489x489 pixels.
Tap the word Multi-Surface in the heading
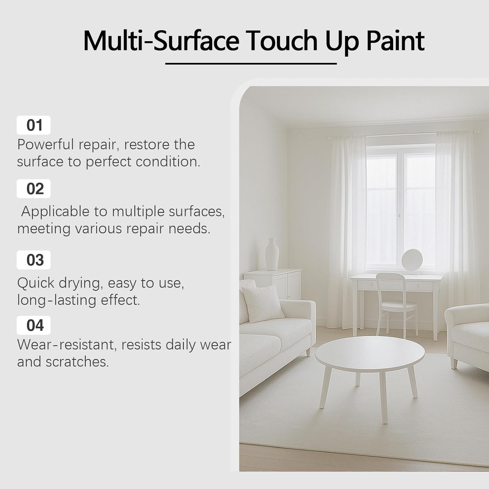point(161,41)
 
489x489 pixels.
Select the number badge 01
point(34,125)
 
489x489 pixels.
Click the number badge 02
point(34,189)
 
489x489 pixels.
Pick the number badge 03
point(34,260)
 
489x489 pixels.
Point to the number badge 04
point(34,325)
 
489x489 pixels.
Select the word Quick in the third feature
point(35,283)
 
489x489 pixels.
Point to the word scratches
point(77,362)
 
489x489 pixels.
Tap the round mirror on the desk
point(412,260)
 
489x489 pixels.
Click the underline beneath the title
point(251,64)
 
